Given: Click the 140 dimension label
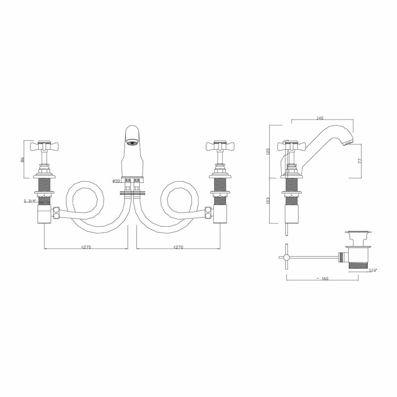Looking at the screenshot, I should tap(320, 118).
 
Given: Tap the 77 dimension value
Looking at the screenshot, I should tap(359, 161).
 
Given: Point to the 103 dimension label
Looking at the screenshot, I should tap(268, 200).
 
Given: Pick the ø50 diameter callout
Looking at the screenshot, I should tap(116, 181).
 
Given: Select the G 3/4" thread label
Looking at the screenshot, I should tap(30, 201).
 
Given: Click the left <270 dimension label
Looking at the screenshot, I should tap(86, 247).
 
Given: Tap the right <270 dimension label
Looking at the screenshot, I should tap(178, 247).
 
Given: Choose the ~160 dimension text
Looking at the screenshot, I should tap(322, 278).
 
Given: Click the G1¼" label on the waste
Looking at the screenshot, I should tap(373, 270).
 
